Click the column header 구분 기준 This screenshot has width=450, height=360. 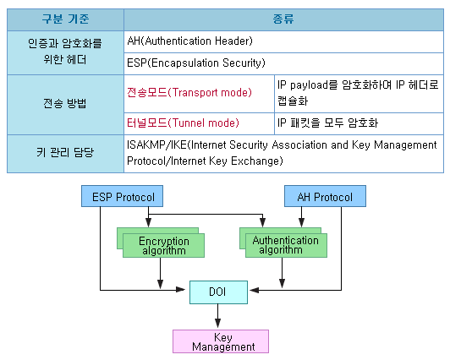[x=64, y=18]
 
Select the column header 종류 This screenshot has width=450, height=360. [x=283, y=18]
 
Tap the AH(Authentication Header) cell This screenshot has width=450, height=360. [x=283, y=41]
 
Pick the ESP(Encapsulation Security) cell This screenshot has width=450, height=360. [x=283, y=63]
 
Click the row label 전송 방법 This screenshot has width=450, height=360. [x=64, y=104]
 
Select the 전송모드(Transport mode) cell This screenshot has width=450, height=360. [x=199, y=91]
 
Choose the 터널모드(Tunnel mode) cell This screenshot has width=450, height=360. [x=199, y=123]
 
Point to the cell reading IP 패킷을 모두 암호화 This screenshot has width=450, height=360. [x=358, y=123]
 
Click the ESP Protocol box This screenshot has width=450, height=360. [x=123, y=197]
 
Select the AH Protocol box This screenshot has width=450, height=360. [x=325, y=197]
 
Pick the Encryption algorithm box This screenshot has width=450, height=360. [x=163, y=245]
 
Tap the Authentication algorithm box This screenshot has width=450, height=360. [x=285, y=245]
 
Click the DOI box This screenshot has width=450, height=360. [x=217, y=292]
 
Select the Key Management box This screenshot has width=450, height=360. [x=221, y=341]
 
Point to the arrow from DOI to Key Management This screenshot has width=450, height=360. [x=218, y=316]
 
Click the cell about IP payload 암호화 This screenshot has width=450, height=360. [x=358, y=91]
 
